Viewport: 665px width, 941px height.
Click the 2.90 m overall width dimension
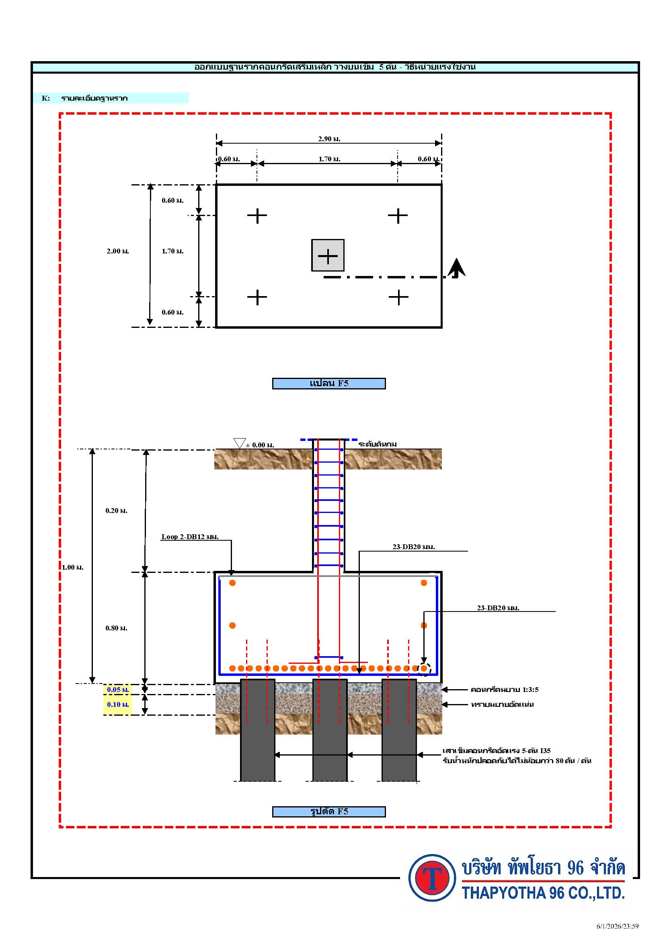[x=329, y=139]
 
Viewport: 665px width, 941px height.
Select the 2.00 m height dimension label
[x=118, y=251]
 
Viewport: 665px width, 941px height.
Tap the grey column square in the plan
[x=328, y=255]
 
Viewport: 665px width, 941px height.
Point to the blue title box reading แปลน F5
[x=329, y=383]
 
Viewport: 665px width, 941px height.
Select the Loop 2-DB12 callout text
[x=190, y=537]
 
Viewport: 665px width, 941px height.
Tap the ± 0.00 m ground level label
[x=260, y=445]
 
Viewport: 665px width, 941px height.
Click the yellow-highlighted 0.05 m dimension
[x=118, y=690]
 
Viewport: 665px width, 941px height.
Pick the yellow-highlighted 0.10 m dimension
[x=118, y=704]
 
